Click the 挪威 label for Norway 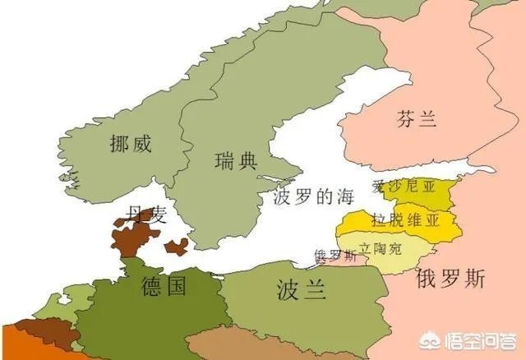click(x=131, y=145)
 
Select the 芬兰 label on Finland click(x=414, y=119)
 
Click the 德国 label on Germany click(x=163, y=286)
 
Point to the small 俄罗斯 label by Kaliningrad click(x=335, y=256)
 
